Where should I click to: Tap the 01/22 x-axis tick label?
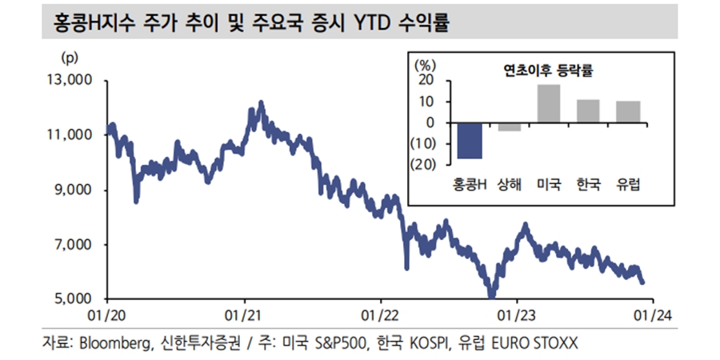[379, 315]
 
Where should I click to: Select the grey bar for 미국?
[548, 103]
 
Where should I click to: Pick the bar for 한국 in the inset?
[588, 111]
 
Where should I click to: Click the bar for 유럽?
[628, 112]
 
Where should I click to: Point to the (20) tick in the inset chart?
[422, 165]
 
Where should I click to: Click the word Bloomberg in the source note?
[111, 343]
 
